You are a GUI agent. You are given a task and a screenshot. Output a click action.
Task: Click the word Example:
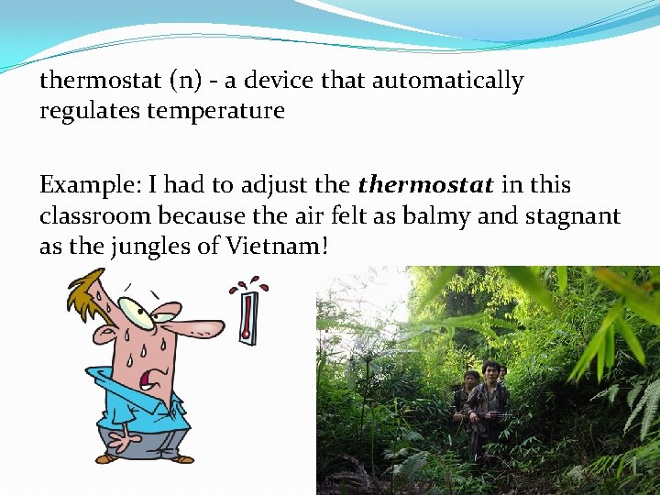tap(86, 185)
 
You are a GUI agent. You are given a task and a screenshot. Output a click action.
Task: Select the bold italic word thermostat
tap(425, 185)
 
